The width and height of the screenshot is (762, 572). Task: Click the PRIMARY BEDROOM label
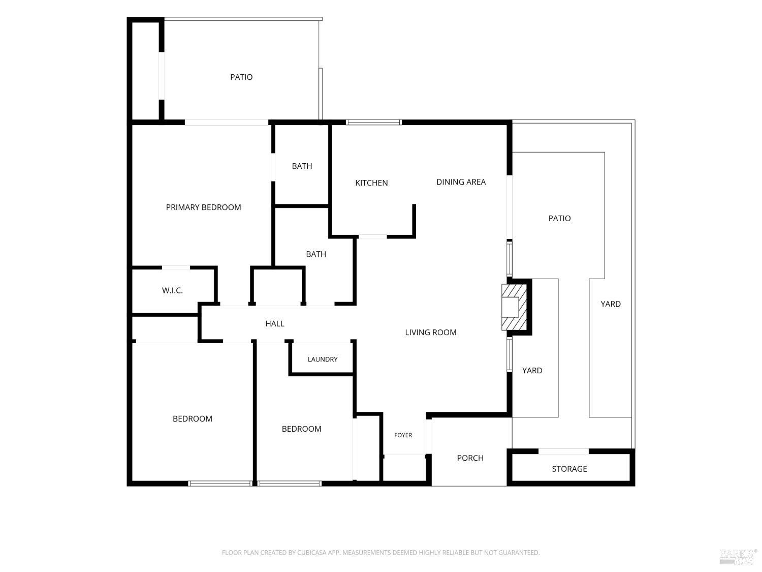pyautogui.click(x=203, y=207)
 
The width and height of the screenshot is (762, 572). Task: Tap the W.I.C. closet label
pyautogui.click(x=172, y=290)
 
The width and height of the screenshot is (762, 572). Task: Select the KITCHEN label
pyautogui.click(x=371, y=183)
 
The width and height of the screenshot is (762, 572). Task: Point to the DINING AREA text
pyautogui.click(x=461, y=182)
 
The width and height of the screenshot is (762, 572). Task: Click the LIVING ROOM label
pyautogui.click(x=430, y=333)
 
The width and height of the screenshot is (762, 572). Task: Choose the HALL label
pyautogui.click(x=275, y=324)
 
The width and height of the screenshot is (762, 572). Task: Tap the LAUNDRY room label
pyautogui.click(x=323, y=359)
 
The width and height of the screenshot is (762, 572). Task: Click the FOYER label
pyautogui.click(x=403, y=435)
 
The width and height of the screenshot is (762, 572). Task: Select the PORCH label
pyautogui.click(x=470, y=458)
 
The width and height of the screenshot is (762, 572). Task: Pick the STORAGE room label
pyautogui.click(x=569, y=469)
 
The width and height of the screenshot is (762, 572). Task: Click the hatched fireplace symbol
pyautogui.click(x=514, y=307)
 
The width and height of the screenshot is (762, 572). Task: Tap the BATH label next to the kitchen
pyautogui.click(x=302, y=166)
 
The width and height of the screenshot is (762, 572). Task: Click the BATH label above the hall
pyautogui.click(x=316, y=254)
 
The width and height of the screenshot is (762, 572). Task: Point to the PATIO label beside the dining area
pyautogui.click(x=559, y=219)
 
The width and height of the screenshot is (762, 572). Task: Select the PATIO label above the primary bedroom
pyautogui.click(x=241, y=77)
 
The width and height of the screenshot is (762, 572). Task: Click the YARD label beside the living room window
pyautogui.click(x=532, y=371)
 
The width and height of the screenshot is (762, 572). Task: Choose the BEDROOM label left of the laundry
pyautogui.click(x=193, y=419)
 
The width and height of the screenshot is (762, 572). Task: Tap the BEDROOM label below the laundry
pyautogui.click(x=301, y=429)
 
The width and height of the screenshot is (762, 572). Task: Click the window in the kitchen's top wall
pyautogui.click(x=373, y=122)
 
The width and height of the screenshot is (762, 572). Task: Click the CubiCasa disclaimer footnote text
pyautogui.click(x=381, y=553)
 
